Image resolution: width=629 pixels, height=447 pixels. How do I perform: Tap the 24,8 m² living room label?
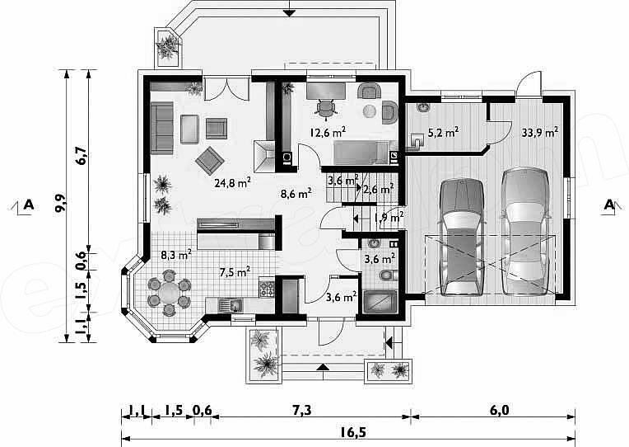233,183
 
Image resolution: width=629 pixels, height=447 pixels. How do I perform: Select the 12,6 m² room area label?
328,132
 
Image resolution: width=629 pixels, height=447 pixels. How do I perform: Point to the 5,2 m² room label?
443,132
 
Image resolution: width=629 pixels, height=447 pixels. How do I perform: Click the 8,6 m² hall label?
296,194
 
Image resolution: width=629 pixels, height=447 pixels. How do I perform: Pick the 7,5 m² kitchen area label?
235,272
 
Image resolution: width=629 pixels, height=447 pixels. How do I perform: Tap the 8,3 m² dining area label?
176,255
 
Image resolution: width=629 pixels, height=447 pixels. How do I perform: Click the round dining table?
169,292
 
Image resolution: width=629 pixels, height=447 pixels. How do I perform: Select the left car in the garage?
461,238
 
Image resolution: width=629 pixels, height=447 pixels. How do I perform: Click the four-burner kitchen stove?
267,289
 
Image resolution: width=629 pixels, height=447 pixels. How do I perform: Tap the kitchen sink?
231,305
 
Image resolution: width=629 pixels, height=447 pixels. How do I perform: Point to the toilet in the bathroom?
387,275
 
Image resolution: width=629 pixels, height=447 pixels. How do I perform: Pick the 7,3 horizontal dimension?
301,411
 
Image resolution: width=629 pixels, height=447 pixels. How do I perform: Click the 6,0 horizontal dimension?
500,411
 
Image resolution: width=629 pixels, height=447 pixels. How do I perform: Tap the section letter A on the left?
28,205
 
